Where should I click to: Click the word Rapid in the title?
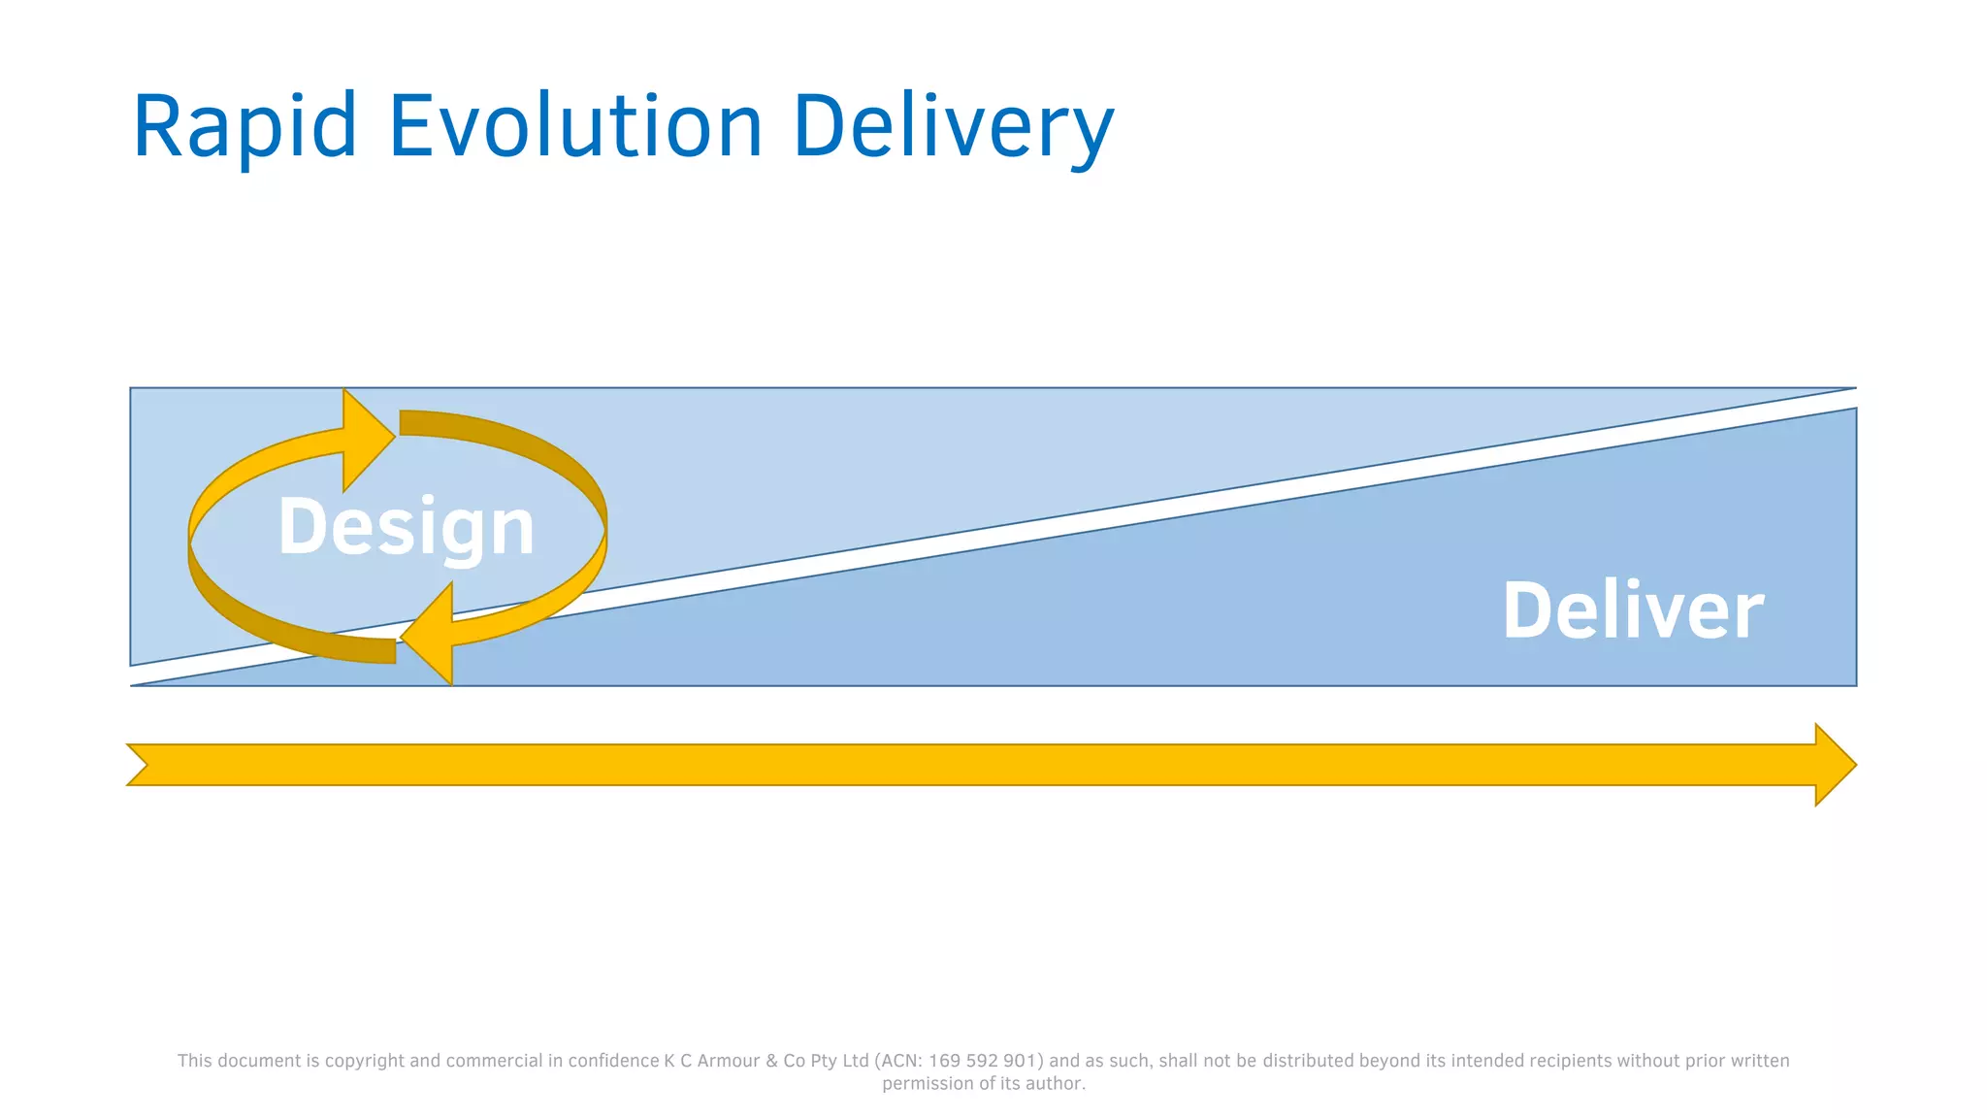coord(244,126)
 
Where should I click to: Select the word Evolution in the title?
coord(575,126)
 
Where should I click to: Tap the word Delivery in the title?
coord(953,126)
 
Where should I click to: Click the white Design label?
coord(406,527)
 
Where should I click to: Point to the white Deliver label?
coord(1633,610)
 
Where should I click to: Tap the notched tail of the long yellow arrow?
coord(141,765)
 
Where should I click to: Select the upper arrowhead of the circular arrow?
coord(367,439)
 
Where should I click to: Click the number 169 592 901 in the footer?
coord(983,1061)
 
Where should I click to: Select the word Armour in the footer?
coord(729,1061)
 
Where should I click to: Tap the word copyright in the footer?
coord(365,1061)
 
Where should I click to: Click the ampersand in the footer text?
coord(772,1061)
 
